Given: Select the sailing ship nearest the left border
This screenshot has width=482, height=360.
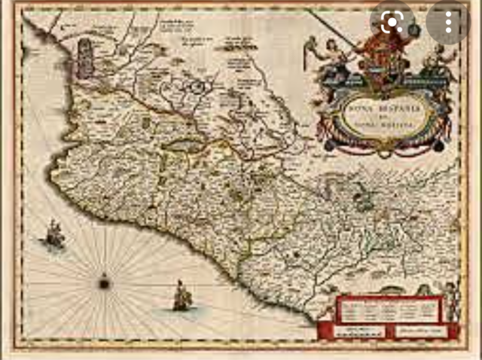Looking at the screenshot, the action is pos(53,236).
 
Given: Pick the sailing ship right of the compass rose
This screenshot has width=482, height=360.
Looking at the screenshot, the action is pos(180,297).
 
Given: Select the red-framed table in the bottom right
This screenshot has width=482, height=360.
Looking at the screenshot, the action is pos(387,310).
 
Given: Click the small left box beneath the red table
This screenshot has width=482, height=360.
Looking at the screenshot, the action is pos(355,331).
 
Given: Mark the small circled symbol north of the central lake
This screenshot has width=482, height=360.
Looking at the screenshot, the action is pos(197,86).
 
